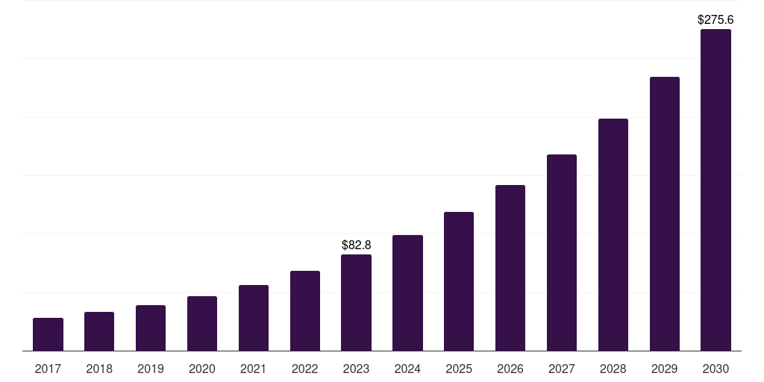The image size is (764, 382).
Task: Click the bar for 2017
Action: coord(48,334)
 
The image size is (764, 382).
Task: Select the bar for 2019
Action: coord(151,328)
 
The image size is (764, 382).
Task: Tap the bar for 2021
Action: coord(254,318)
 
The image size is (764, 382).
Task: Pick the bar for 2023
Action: coord(356,302)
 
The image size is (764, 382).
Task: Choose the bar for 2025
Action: coord(459,281)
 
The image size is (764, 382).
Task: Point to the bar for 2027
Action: coord(562,252)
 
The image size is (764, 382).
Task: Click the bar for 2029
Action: coord(665,213)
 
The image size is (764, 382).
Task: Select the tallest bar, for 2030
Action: coord(716,190)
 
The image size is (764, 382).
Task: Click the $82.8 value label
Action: coord(356,245)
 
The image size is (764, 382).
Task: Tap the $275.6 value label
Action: coord(716,20)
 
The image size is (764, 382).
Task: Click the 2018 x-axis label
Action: coord(99,369)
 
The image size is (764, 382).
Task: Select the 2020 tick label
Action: coord(202,369)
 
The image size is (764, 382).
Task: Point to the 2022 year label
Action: coord(305,369)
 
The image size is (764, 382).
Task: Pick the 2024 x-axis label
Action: coord(407,369)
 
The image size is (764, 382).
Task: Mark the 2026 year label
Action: coord(510,369)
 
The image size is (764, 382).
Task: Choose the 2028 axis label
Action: coord(613,369)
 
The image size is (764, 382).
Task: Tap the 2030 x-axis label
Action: coord(716,369)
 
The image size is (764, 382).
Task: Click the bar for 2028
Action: coord(613,234)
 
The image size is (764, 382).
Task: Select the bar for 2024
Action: coord(407,292)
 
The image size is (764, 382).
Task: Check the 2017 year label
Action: coord(48,369)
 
